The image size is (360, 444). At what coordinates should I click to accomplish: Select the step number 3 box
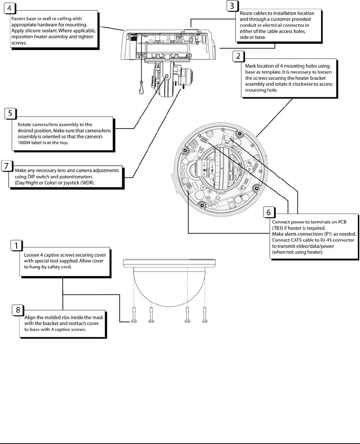[232, 6]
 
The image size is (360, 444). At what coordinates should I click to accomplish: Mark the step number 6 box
[269, 212]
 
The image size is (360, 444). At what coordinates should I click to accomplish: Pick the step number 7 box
[7, 166]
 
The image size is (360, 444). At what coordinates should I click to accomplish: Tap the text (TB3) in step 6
[278, 228]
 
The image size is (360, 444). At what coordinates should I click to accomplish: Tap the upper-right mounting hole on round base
[240, 133]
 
